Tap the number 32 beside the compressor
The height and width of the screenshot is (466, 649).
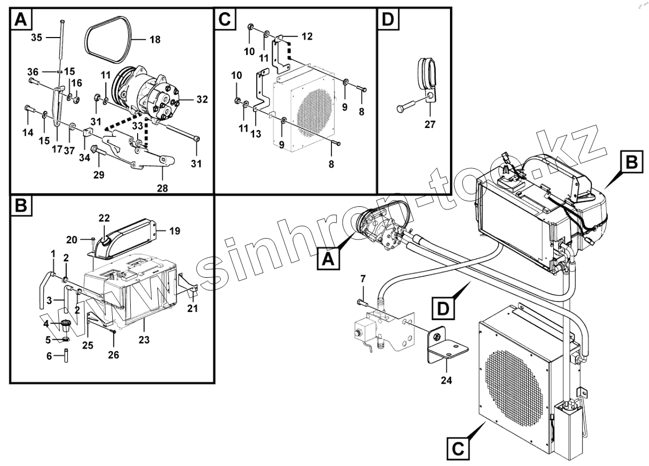point(187,99)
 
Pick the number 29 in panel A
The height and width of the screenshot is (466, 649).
point(98,174)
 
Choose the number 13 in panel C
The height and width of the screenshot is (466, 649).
point(256,134)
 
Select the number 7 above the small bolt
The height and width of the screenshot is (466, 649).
point(363,279)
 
